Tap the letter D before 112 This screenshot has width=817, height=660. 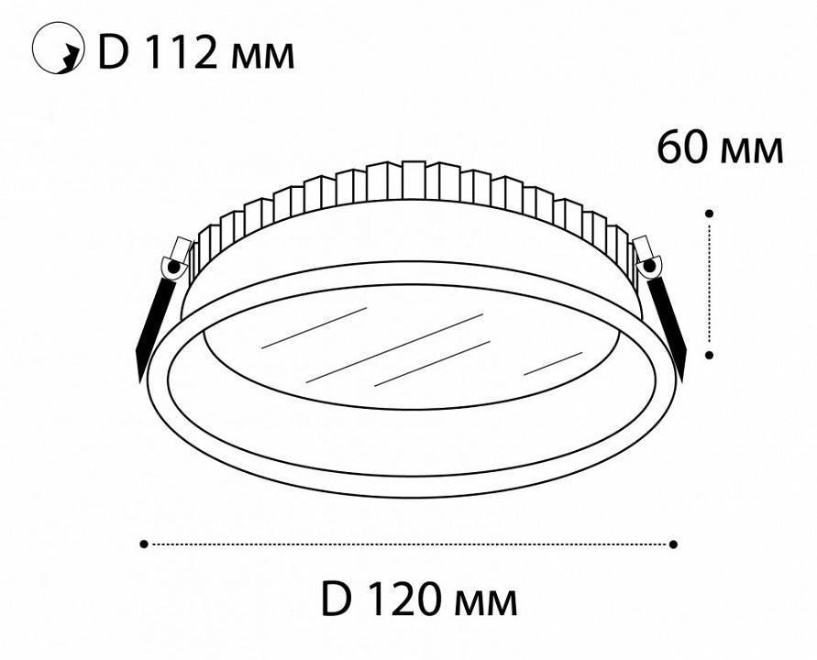tap(115, 53)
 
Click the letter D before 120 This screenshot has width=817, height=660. tap(337, 600)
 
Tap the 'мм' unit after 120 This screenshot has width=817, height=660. tap(487, 604)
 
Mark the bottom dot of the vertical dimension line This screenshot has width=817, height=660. tap(710, 353)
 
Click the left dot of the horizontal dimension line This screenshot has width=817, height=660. tap(144, 544)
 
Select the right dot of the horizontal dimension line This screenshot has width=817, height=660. tap(674, 544)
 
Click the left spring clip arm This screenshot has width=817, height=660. tap(152, 321)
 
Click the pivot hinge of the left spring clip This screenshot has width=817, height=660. tap(171, 267)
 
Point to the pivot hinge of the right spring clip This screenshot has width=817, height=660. tap(650, 266)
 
